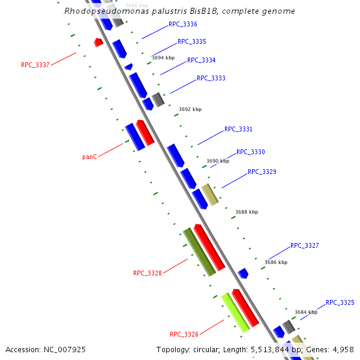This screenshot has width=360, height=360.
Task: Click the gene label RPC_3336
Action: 183,25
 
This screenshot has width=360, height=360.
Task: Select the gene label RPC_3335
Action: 192,42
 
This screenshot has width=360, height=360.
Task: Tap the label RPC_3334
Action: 202,60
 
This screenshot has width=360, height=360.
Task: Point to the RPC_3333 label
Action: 211,79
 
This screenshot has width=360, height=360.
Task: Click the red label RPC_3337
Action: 35,65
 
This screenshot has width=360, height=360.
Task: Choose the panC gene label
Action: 89,157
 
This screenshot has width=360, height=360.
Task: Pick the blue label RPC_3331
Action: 238,130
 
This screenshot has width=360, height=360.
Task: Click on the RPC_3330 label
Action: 251,152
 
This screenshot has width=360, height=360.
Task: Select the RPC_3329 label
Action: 262,172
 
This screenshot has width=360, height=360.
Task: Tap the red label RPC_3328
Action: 148,274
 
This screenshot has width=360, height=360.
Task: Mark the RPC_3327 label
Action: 305,246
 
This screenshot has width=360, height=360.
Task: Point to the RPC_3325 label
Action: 340,303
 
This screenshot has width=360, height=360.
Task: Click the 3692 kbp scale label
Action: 190,109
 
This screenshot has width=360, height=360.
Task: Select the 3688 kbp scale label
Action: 247,212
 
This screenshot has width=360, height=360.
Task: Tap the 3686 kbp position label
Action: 276,262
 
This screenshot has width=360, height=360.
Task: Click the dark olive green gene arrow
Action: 199,251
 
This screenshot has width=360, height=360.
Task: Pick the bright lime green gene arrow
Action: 235,313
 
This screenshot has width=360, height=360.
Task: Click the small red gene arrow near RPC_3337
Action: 98,43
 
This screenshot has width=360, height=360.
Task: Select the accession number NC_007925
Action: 46,349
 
